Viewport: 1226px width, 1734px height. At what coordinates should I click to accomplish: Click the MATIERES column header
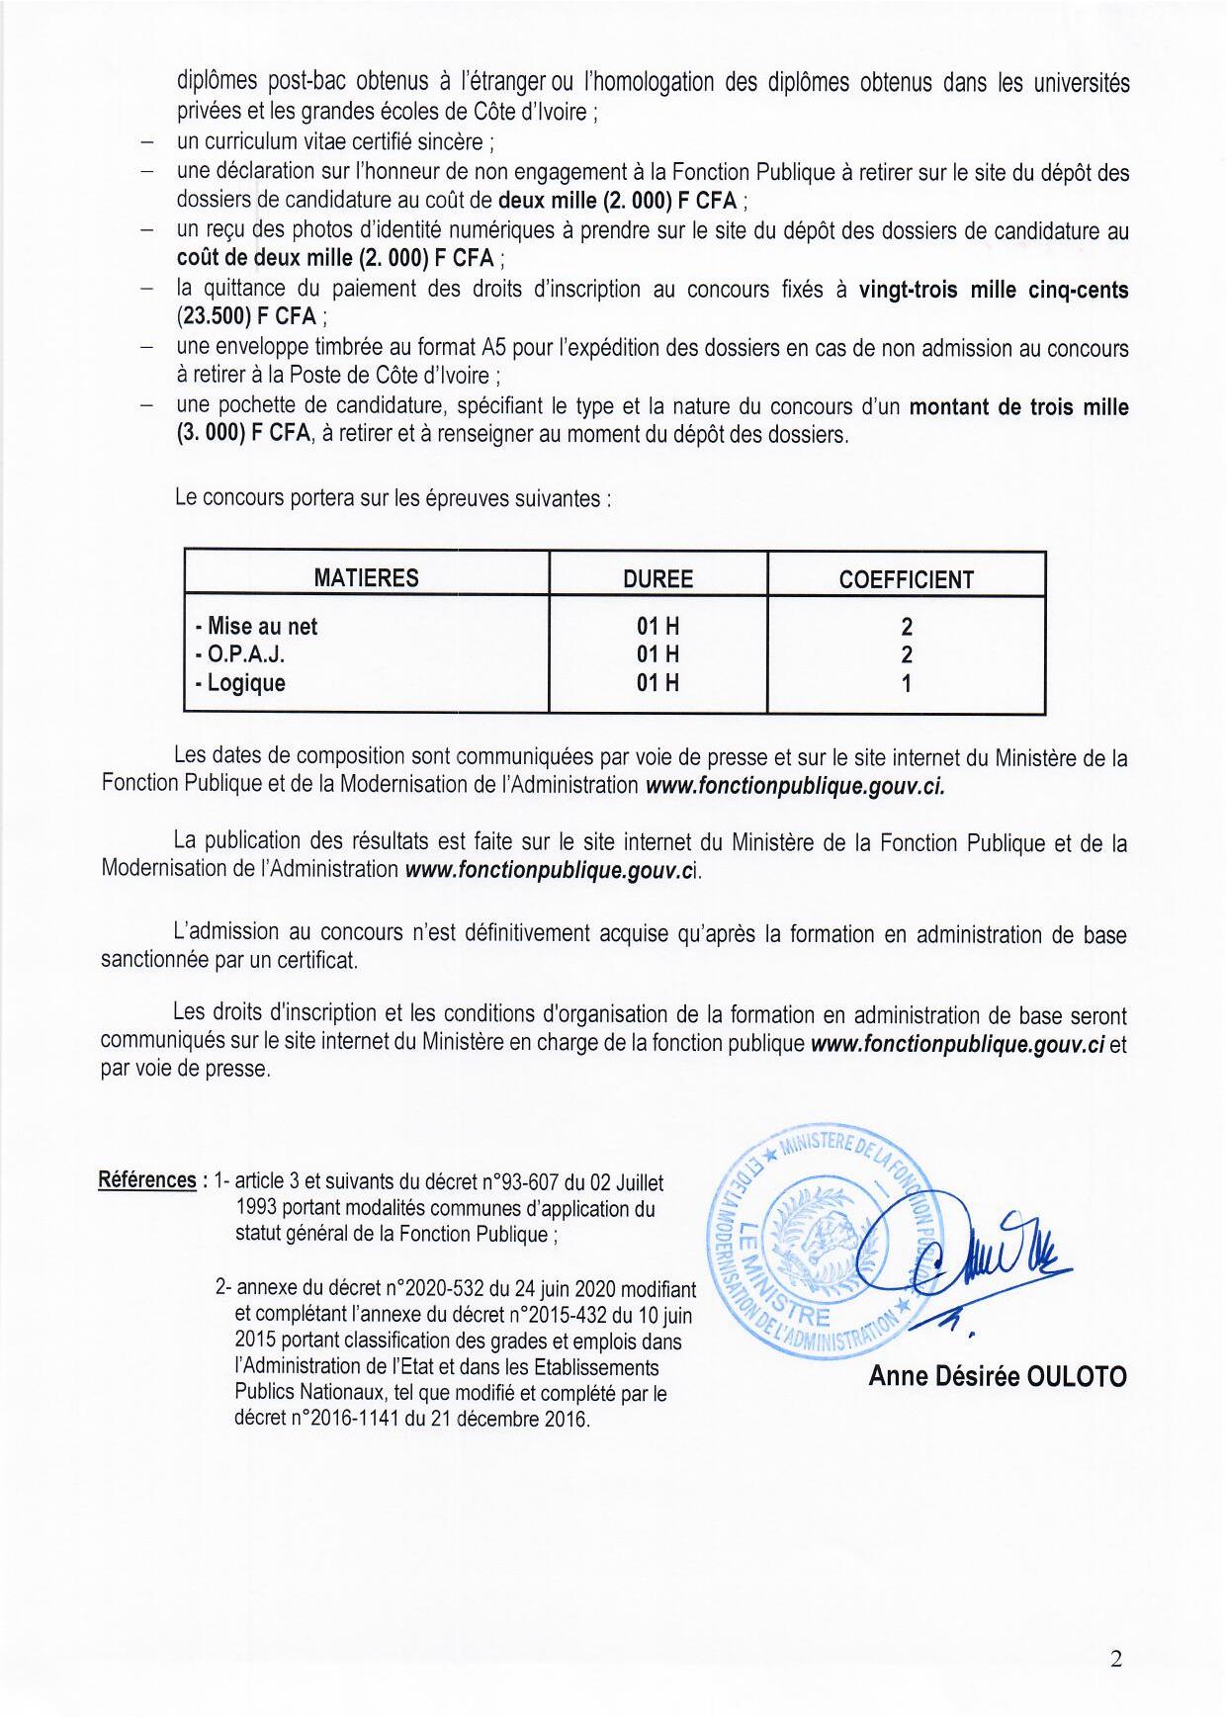pos(366,578)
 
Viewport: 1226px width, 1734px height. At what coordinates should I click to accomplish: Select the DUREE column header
pos(657,578)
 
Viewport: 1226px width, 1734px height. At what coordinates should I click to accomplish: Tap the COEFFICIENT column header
pos(906,579)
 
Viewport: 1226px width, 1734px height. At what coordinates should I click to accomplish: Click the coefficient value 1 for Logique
pos(906,683)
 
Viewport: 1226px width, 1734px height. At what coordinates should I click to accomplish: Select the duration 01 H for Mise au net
pos(657,626)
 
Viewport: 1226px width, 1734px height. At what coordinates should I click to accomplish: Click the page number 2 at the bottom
pos(1116,1660)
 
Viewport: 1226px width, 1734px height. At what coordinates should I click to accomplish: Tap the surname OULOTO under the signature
pos(1076,1376)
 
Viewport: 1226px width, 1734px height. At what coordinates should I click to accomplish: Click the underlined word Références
pos(147,1180)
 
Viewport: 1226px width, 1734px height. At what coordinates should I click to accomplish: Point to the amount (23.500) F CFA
pos(246,318)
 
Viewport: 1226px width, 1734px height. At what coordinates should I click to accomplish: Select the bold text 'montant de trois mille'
pos(1018,406)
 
